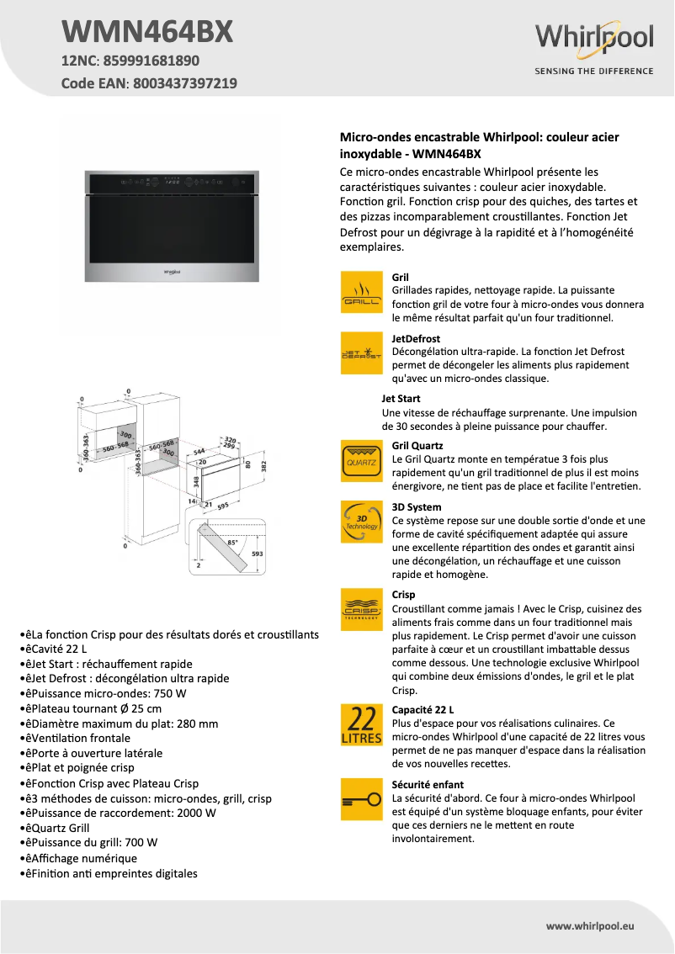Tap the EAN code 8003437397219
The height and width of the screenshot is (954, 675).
click(x=184, y=83)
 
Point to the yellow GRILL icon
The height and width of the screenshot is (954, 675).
click(x=361, y=293)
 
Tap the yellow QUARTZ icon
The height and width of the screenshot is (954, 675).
click(x=361, y=461)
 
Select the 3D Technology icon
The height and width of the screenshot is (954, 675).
click(x=361, y=522)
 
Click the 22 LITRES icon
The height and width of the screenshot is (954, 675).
click(x=361, y=724)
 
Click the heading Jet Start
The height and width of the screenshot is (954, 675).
click(x=401, y=399)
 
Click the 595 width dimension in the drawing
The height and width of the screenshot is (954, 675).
click(x=223, y=507)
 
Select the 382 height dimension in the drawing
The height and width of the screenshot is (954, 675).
click(x=263, y=465)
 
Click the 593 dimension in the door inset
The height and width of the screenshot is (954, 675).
click(x=257, y=554)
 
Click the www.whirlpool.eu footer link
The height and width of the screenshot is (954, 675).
click(x=589, y=926)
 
